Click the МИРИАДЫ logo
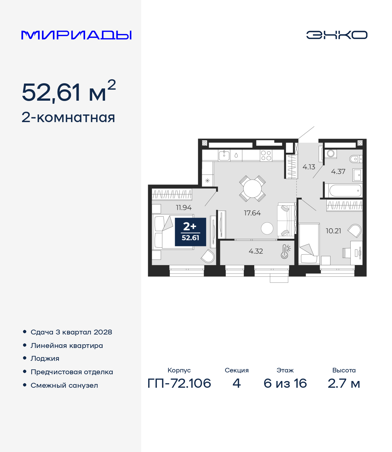click(76, 35)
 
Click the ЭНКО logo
click(337, 35)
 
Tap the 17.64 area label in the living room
click(252, 213)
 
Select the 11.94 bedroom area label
click(184, 207)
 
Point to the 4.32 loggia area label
click(256, 251)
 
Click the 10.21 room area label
click(333, 231)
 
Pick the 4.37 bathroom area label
click(338, 171)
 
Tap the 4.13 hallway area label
click(309, 167)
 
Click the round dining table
click(252, 189)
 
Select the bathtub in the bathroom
click(344, 190)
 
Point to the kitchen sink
click(224, 155)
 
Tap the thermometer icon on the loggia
click(285, 252)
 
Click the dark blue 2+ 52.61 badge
click(190, 232)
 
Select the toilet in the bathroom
click(356, 159)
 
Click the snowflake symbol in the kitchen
click(207, 181)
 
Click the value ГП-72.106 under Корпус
click(179, 383)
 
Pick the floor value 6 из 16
click(285, 383)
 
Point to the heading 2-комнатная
click(68, 118)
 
